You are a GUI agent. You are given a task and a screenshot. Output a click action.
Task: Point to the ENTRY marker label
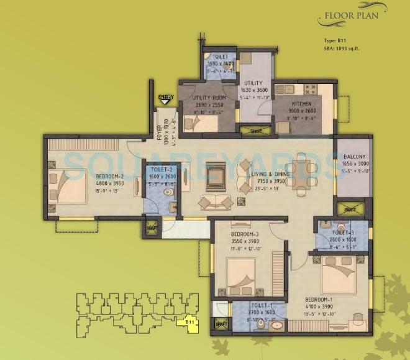(x=165, y=97)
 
